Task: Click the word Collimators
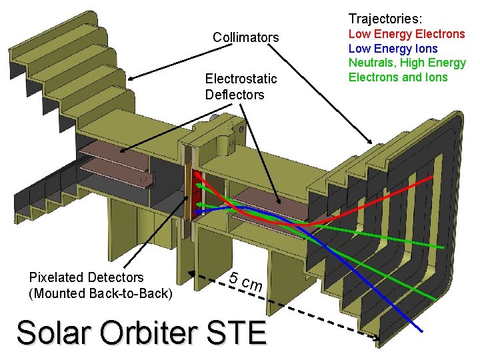(245, 37)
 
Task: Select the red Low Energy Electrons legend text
(407, 33)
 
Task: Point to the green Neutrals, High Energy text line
(407, 63)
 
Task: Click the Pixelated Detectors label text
(86, 277)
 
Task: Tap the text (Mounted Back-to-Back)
(100, 293)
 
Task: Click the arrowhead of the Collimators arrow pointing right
(371, 142)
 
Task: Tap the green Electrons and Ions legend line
(398, 77)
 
